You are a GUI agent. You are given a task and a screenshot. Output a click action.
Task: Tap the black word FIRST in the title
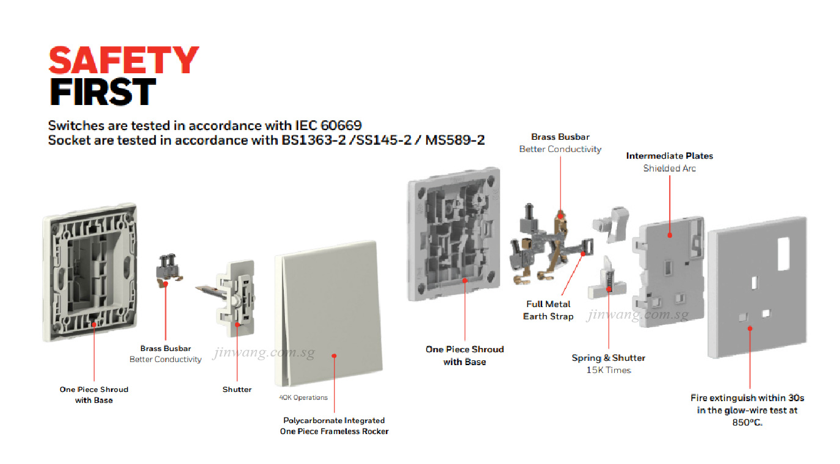[103, 92]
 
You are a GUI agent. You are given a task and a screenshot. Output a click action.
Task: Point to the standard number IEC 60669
[328, 125]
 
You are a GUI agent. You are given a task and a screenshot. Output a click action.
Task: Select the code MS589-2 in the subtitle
[455, 140]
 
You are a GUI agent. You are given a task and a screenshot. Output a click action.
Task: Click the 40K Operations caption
[303, 397]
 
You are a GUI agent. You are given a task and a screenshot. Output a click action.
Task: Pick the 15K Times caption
[609, 370]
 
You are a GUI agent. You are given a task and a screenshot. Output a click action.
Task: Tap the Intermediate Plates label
[669, 156]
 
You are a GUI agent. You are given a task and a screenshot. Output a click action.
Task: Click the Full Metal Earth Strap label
[548, 310]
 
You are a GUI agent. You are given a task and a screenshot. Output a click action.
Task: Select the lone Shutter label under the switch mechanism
[237, 390]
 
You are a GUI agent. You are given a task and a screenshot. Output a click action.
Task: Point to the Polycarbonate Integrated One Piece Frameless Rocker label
[334, 426]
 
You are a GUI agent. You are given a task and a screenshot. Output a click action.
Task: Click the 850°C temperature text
[747, 422]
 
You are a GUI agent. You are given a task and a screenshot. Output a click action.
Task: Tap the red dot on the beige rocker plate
[334, 355]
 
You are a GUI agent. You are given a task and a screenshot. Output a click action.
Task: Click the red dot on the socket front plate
[750, 328]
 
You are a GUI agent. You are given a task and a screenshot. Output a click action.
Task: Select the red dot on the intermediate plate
[670, 235]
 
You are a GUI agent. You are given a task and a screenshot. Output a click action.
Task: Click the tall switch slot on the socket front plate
[784, 253]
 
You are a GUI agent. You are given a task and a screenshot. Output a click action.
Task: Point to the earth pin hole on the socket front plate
[755, 283]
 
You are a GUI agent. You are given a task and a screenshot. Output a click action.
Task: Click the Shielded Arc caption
[669, 169]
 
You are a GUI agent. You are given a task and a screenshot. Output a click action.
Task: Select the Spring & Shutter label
[608, 358]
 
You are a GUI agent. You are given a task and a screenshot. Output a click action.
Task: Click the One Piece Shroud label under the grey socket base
[465, 349]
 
